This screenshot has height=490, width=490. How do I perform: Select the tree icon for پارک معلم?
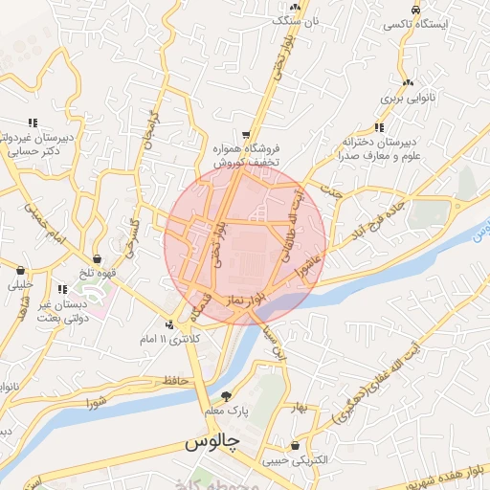pyautogui.click(x=227, y=395)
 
